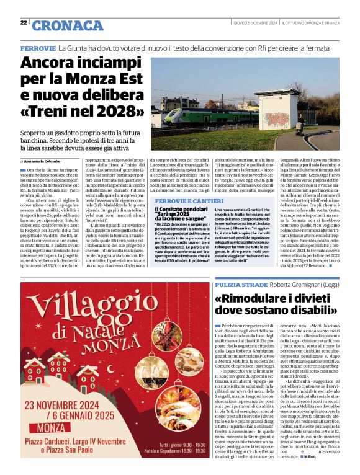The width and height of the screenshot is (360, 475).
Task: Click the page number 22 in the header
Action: pyautogui.click(x=23, y=23)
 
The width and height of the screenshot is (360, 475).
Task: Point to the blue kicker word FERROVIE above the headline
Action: pyautogui.click(x=38, y=48)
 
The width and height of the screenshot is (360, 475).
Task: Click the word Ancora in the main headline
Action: pyautogui.click(x=51, y=63)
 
